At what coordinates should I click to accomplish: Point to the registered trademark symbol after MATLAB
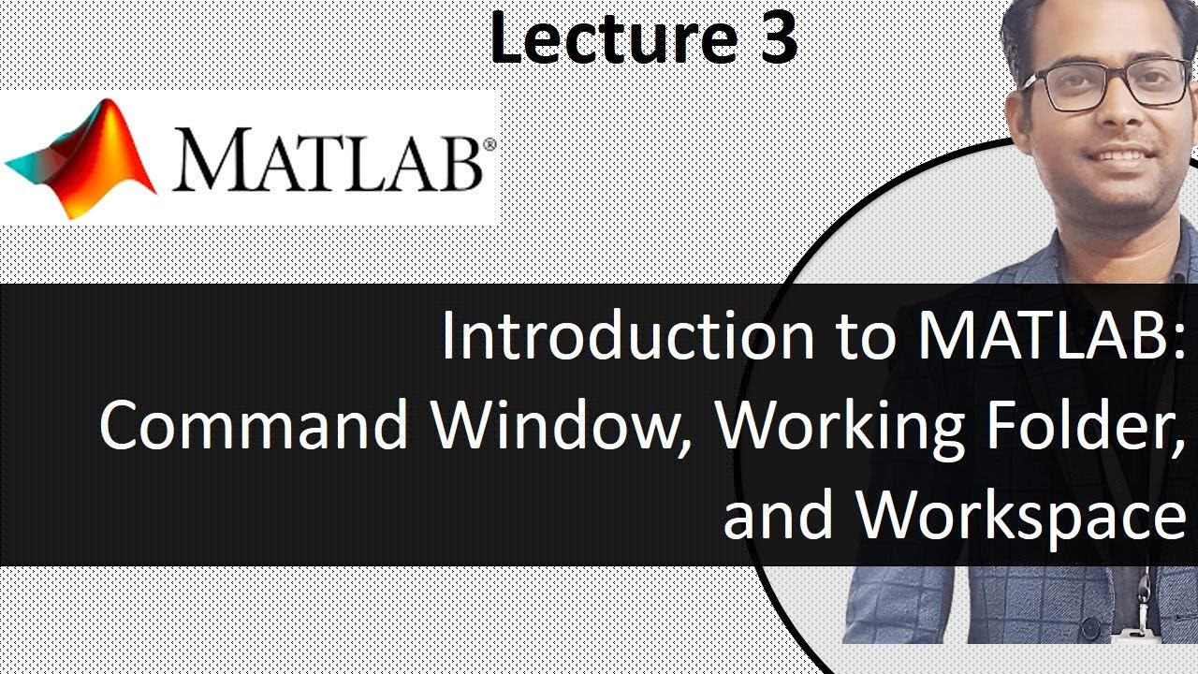489,145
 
